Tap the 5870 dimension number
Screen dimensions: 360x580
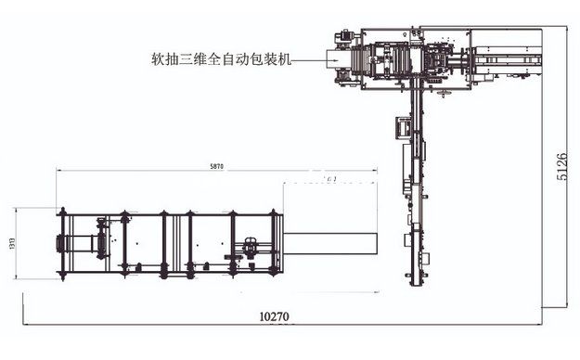coord(217,166)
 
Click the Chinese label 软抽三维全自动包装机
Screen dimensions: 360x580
coord(222,58)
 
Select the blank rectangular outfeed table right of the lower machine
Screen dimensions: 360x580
coord(330,244)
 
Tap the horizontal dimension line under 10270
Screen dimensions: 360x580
coord(278,324)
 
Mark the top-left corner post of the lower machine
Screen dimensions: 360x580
coord(61,214)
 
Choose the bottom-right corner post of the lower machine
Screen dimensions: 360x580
coord(275,274)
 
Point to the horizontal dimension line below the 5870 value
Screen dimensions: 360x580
coord(217,172)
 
